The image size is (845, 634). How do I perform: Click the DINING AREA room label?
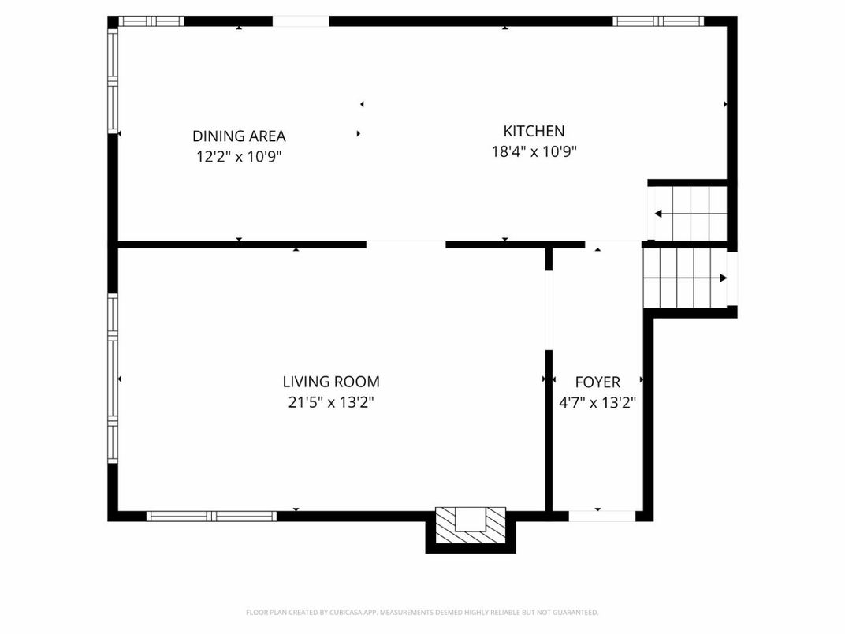[x=239, y=136]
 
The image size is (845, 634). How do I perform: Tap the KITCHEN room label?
[x=534, y=131]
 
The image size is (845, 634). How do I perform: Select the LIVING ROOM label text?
[x=331, y=382]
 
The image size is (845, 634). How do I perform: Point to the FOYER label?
[x=597, y=382]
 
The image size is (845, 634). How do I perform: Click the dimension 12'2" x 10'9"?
[x=239, y=156]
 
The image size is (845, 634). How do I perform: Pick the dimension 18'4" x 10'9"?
[x=534, y=151]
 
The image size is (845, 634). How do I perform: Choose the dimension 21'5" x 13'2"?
[x=331, y=402]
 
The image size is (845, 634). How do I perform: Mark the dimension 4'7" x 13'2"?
[x=597, y=402]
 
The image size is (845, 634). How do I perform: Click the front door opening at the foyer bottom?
[x=601, y=516]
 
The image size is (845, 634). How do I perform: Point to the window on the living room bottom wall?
[x=211, y=517]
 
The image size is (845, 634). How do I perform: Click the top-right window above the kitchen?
[x=658, y=21]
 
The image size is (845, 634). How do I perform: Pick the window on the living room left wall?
[x=113, y=379]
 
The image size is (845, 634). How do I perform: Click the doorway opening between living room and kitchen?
[x=406, y=244]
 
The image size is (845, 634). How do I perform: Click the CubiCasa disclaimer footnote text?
[x=422, y=612]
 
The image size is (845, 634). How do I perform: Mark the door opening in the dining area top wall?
[x=300, y=21]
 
